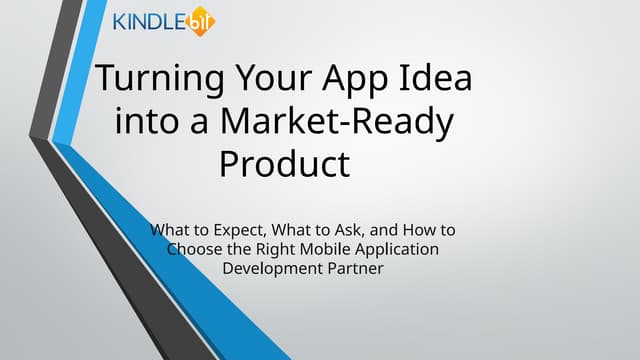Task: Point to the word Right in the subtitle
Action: click(x=272, y=249)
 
